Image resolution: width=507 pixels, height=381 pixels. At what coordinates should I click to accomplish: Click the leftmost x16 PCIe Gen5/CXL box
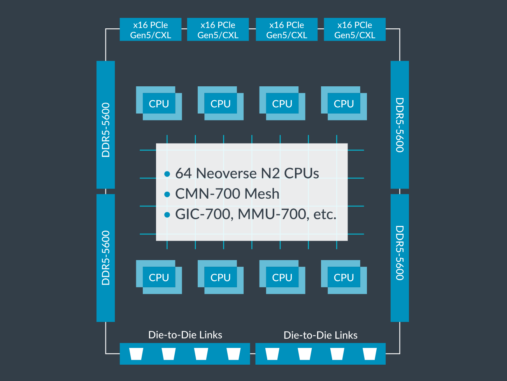pyautogui.click(x=150, y=30)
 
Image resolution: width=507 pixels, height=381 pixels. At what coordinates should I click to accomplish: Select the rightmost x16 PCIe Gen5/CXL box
pyautogui.click(x=354, y=30)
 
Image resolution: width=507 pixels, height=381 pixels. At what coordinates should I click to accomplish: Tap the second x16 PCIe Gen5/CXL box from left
pyautogui.click(x=218, y=30)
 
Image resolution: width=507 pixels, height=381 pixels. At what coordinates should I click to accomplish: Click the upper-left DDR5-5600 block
pyautogui.click(x=105, y=125)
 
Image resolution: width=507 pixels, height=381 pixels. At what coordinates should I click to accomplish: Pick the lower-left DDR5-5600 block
pyautogui.click(x=105, y=258)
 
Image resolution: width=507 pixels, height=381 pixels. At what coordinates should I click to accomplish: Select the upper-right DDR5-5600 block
pyautogui.click(x=400, y=125)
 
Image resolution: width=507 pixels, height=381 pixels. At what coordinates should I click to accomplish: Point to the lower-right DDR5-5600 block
pyautogui.click(x=400, y=258)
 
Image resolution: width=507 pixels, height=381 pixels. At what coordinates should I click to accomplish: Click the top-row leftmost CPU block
pyautogui.click(x=159, y=103)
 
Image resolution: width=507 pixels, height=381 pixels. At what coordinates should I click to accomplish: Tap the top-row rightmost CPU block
pyautogui.click(x=344, y=103)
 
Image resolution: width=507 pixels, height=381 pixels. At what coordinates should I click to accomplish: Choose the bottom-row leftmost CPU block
pyautogui.click(x=159, y=277)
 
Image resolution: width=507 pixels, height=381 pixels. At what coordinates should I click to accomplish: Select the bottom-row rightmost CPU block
pyautogui.click(x=344, y=277)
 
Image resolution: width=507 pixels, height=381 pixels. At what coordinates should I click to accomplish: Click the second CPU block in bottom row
pyautogui.click(x=220, y=277)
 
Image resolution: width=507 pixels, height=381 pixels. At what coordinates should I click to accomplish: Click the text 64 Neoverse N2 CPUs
pyautogui.click(x=247, y=173)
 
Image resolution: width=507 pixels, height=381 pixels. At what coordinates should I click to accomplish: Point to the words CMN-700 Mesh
pyautogui.click(x=227, y=194)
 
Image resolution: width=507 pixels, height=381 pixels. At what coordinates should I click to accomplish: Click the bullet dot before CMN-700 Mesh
pyautogui.click(x=167, y=194)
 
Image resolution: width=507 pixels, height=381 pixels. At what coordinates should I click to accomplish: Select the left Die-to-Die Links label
pyautogui.click(x=185, y=335)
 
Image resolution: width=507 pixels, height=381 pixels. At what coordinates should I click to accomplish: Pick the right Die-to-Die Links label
pyautogui.click(x=320, y=335)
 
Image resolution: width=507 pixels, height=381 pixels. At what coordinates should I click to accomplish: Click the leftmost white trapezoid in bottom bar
pyautogui.click(x=136, y=354)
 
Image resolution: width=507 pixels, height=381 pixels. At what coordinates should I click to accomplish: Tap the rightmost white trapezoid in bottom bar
pyautogui.click(x=369, y=354)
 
